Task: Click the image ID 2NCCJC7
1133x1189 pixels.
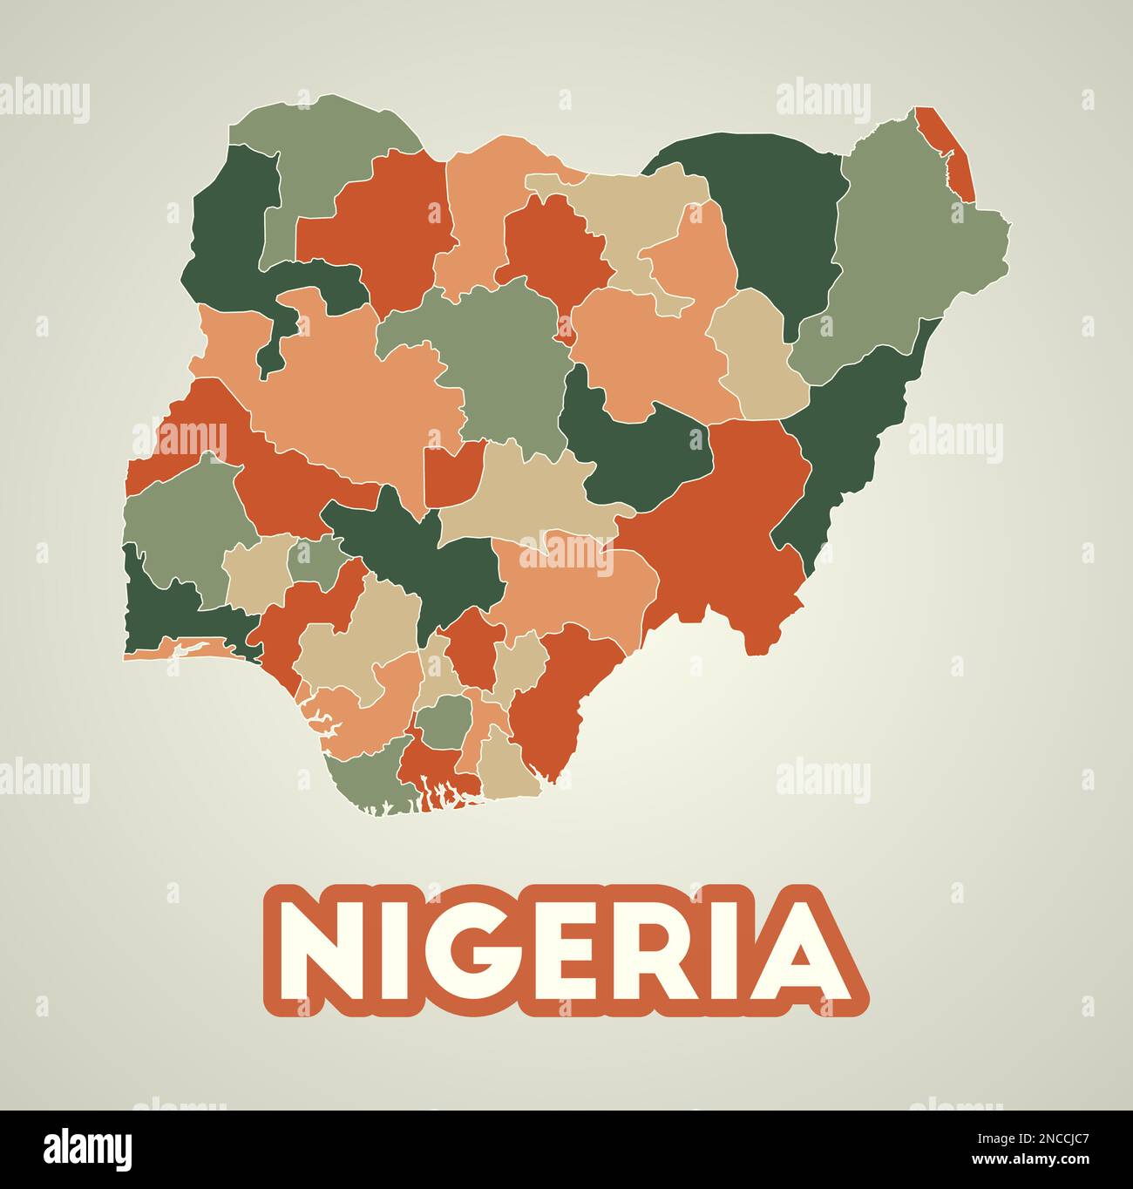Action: pyautogui.click(x=1041, y=1136)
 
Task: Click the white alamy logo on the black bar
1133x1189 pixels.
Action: pyautogui.click(x=88, y=1149)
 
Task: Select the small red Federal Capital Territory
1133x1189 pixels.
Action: pyautogui.click(x=452, y=472)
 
